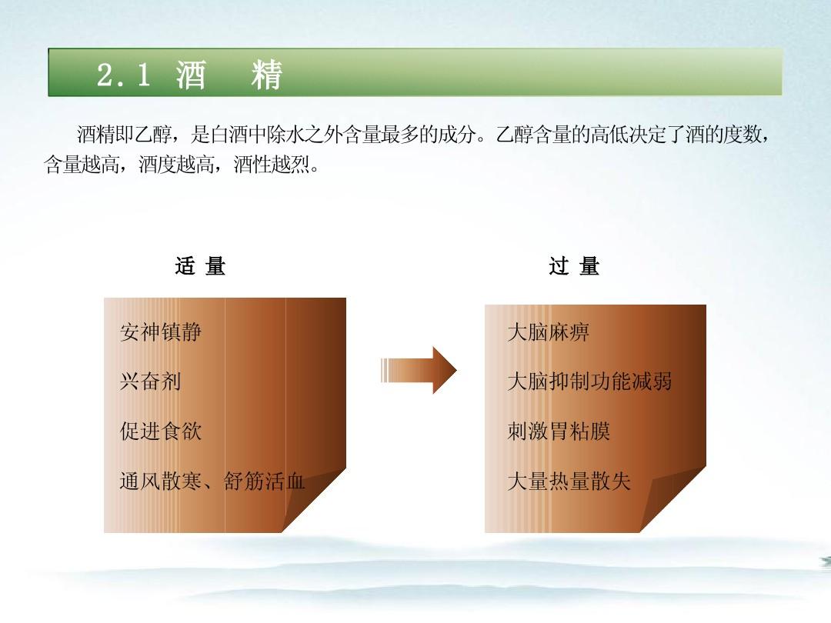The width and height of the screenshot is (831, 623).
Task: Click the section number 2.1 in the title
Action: (123, 75)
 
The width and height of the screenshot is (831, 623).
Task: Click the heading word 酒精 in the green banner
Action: (229, 75)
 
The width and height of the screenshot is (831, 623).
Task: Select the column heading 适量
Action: (200, 267)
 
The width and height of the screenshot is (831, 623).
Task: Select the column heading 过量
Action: (574, 267)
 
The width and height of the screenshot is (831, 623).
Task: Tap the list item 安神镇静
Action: (161, 332)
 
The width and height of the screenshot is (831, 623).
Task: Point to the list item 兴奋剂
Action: (150, 381)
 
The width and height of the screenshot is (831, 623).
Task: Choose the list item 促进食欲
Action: (161, 431)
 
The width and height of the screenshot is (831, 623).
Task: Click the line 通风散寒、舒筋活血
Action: (212, 481)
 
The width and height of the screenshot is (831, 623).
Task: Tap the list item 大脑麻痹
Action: (548, 332)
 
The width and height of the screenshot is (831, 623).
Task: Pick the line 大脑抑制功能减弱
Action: (589, 381)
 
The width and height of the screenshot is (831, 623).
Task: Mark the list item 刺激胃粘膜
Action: (559, 431)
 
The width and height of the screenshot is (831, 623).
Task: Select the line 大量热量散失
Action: (569, 481)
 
